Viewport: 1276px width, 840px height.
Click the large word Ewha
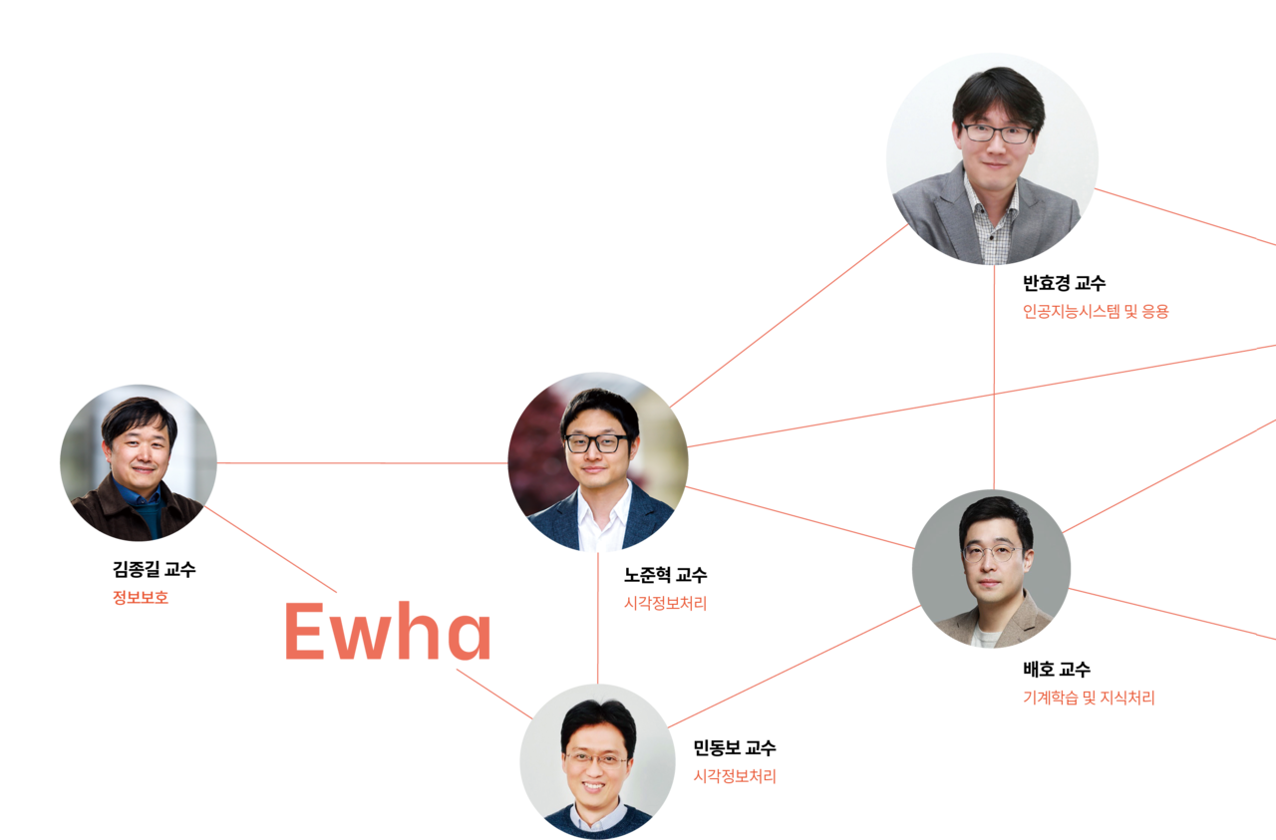[x=388, y=632]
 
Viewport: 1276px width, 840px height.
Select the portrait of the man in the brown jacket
[x=138, y=462]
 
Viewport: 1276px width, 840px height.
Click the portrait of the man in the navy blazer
[x=597, y=462]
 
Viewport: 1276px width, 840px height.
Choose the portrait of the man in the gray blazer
[x=992, y=159]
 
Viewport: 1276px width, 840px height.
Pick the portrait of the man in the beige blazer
[x=991, y=569]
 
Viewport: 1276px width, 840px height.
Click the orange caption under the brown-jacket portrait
[x=141, y=599]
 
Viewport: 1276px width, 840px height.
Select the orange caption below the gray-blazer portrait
[x=1095, y=311]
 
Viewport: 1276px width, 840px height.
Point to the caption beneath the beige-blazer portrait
[x=1088, y=699]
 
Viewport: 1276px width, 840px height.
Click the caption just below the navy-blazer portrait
[x=664, y=604]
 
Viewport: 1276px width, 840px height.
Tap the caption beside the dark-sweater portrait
[x=734, y=776]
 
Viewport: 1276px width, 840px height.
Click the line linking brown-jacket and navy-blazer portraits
[x=362, y=462]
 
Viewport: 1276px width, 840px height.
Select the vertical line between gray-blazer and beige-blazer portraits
[x=994, y=379]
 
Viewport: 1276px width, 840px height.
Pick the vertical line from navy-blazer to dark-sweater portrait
[x=597, y=618]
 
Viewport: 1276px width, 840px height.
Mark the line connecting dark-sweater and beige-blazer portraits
[x=793, y=667]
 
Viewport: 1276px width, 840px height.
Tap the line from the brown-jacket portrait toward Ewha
[x=271, y=550]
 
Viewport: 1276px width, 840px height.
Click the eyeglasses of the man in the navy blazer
[x=596, y=443]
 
